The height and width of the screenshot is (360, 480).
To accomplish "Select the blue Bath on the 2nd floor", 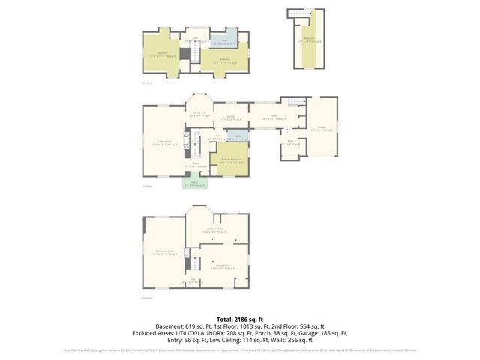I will (x=223, y=43).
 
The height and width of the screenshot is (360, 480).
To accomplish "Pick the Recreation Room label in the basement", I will (x=164, y=252).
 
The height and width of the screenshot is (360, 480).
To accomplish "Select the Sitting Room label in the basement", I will (x=223, y=265).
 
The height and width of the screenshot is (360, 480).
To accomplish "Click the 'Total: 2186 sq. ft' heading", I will (x=239, y=319).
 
